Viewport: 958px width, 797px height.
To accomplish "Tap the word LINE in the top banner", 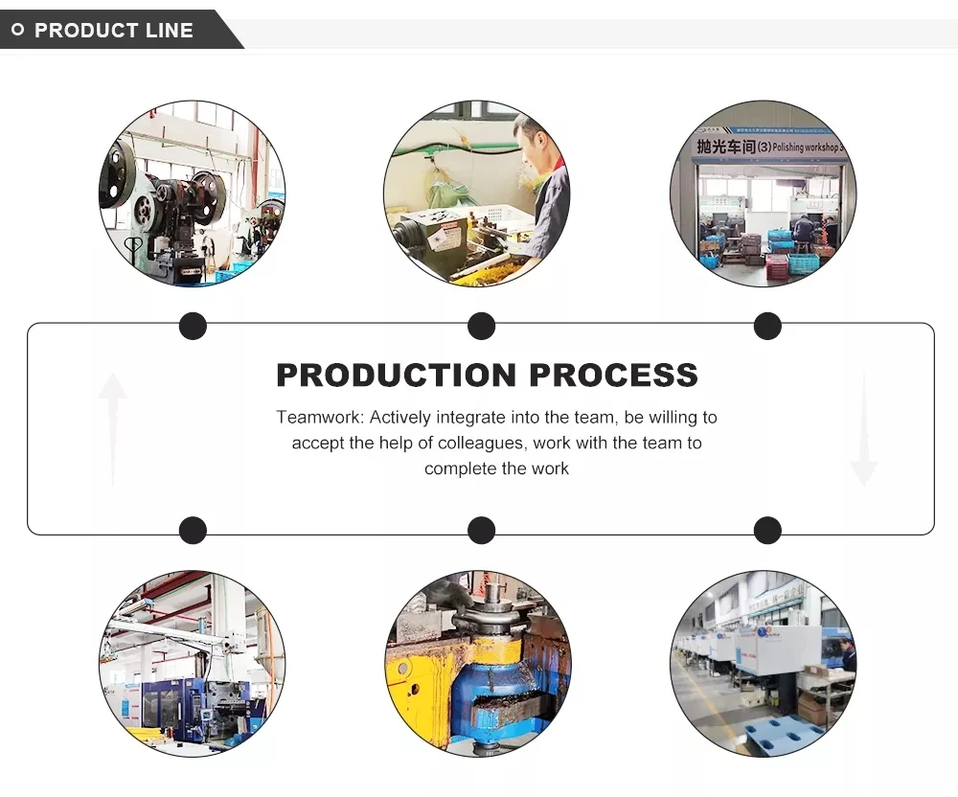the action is coord(170,31).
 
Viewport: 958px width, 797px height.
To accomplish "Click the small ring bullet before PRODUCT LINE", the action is coord(17,31).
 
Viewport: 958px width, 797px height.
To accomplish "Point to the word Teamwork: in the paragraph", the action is coord(320,418).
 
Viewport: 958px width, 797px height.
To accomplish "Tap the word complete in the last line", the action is coord(457,468).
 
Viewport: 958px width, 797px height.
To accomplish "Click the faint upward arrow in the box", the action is coord(112,426).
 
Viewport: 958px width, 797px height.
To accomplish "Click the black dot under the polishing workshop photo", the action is coord(767,327).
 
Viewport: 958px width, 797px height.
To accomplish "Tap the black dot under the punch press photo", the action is coord(193,327).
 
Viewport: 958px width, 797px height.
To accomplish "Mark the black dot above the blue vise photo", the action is coord(481,530).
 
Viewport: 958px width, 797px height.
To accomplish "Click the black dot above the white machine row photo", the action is coord(767,530).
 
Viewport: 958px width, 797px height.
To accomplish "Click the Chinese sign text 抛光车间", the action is coord(725,147).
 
